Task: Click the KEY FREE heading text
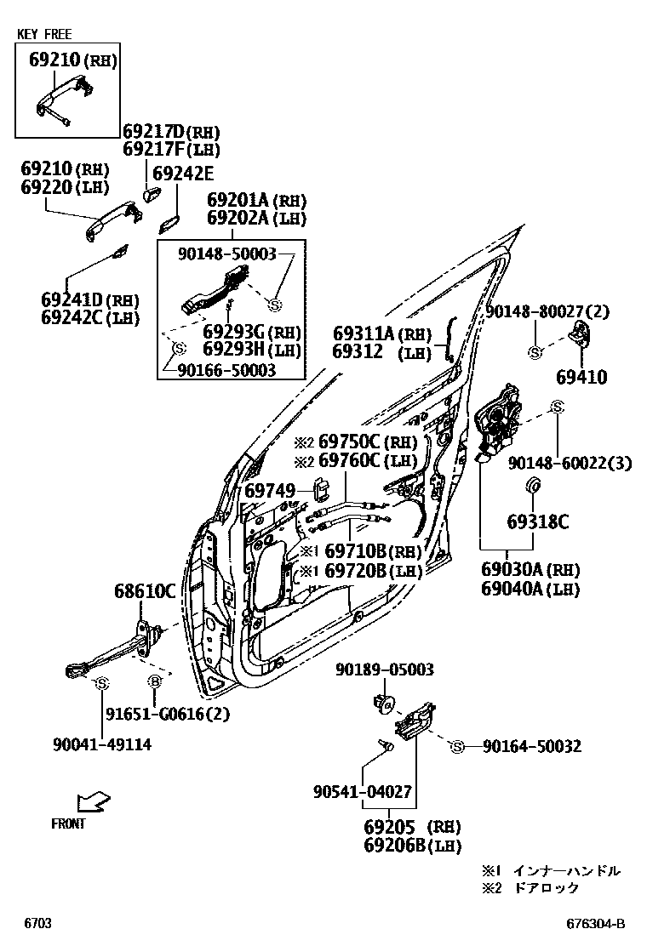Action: pyautogui.click(x=44, y=35)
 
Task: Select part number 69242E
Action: pyautogui.click(x=181, y=174)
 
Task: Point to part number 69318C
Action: pyautogui.click(x=537, y=521)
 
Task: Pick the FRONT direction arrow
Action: pyautogui.click(x=92, y=801)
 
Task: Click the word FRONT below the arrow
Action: pyautogui.click(x=68, y=823)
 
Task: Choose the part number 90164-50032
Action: pyautogui.click(x=531, y=746)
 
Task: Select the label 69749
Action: pyautogui.click(x=270, y=491)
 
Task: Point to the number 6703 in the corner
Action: pyautogui.click(x=37, y=924)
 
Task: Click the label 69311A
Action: pyautogui.click(x=364, y=333)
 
